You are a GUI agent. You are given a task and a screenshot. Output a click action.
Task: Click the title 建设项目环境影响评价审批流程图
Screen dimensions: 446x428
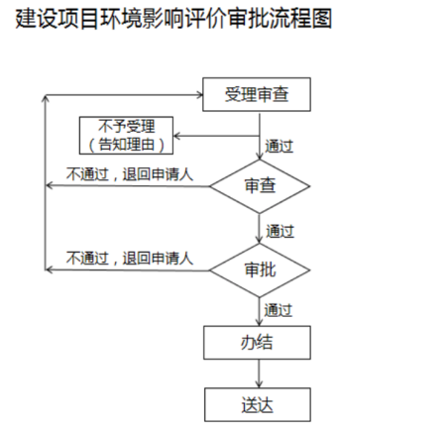173,19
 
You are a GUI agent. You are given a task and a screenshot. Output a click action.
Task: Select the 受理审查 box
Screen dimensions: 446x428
257,94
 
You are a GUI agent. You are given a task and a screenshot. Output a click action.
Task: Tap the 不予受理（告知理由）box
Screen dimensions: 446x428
126,136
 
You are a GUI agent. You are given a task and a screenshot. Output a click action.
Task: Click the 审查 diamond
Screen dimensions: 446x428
260,186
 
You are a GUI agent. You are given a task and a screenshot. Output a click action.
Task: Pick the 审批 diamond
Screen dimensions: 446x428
260,270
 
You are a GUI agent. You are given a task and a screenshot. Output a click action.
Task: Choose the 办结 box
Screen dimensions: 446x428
257,343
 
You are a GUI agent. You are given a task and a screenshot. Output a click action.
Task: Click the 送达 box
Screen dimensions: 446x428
258,404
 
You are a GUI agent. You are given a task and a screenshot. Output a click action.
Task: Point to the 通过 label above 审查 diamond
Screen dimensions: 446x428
279,147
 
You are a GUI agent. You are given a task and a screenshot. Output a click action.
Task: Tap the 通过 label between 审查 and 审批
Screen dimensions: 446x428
279,231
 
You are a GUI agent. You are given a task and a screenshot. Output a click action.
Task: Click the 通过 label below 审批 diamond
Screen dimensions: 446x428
279,310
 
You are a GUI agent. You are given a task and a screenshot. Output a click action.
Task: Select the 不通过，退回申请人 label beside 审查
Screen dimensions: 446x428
130,174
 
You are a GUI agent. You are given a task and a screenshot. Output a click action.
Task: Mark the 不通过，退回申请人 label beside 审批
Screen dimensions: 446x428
130,258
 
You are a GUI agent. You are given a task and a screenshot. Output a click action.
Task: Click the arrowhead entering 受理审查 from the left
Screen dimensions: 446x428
200,95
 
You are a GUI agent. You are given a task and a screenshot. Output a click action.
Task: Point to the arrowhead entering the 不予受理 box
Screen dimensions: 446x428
176,136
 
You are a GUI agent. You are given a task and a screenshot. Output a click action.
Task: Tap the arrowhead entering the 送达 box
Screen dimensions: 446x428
259,384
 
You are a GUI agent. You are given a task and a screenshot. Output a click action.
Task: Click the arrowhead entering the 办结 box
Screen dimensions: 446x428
259,322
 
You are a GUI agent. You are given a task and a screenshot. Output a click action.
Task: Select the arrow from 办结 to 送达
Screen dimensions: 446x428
259,374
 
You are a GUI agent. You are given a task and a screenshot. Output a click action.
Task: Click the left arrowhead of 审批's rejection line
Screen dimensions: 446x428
49,270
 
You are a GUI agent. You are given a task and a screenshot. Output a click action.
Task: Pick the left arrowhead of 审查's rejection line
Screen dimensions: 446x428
49,185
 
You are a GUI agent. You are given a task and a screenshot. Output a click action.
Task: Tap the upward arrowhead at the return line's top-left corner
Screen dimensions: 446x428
46,99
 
